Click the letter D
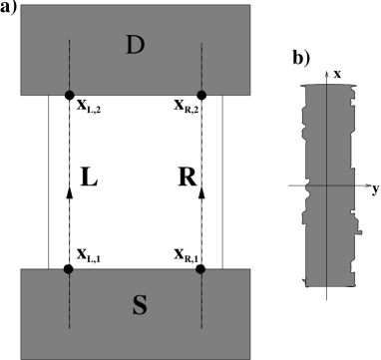[136, 45]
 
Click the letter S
[140, 306]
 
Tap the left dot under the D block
[69, 95]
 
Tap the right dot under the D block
[201, 95]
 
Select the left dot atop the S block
[69, 268]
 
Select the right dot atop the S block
[201, 268]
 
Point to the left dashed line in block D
[69, 65]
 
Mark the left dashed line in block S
[69, 299]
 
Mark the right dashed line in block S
[201, 299]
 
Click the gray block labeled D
[100, 30]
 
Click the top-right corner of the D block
[249, 6]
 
